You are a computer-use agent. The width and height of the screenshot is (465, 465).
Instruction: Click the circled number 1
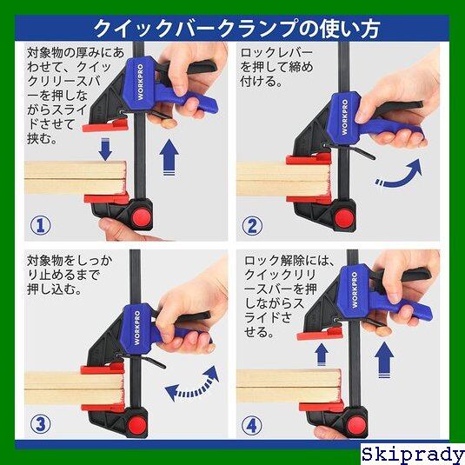point(41,225)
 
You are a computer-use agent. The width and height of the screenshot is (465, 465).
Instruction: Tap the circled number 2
point(252,225)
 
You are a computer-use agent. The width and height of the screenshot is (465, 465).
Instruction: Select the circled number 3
point(41,424)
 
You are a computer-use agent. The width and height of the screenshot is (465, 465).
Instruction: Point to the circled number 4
point(252,426)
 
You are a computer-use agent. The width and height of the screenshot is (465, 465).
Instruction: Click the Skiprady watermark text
point(413,455)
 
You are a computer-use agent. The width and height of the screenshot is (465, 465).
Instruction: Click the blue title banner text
point(236,29)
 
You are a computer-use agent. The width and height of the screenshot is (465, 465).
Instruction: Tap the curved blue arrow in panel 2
point(399,174)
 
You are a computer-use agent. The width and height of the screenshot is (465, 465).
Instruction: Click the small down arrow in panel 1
point(105,149)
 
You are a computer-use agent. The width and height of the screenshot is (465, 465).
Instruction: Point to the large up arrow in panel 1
point(169,156)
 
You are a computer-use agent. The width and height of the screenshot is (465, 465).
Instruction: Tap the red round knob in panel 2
point(344,218)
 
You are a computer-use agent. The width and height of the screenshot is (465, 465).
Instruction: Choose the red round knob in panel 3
point(137,424)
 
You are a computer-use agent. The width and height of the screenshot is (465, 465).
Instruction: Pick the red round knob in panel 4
point(355,424)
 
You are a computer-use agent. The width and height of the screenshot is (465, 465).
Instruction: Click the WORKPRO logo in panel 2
point(344,116)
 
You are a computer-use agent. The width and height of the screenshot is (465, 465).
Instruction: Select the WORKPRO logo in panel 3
point(137,328)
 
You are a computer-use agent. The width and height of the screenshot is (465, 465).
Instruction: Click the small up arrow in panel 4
point(322,355)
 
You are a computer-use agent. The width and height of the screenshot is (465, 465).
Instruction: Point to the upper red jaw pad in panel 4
point(320,334)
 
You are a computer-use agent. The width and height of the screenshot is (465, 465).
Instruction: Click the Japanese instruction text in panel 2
point(276,67)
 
